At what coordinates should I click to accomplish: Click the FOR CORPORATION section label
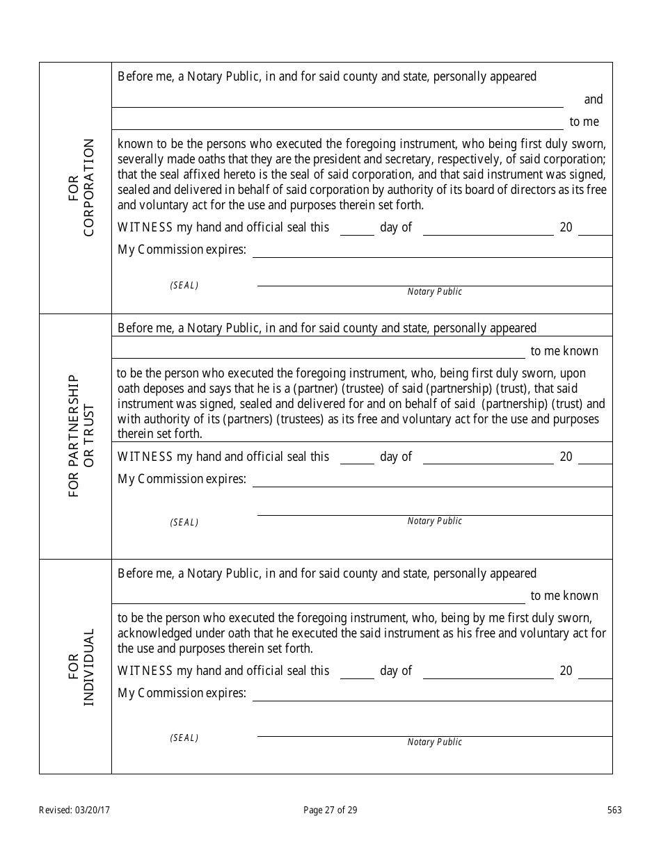point(81,188)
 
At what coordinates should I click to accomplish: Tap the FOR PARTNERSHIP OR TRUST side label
point(81,436)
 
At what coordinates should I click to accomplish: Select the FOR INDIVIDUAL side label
point(81,667)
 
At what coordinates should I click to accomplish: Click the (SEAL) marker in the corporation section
point(184,286)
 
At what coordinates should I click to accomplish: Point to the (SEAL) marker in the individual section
point(184,738)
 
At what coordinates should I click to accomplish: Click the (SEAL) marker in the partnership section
point(184,523)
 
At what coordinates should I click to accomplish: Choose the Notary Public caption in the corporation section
point(434,292)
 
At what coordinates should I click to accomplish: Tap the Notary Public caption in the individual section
point(434,742)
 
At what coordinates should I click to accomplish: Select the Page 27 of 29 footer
point(330,810)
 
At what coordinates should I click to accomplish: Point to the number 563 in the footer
point(614,810)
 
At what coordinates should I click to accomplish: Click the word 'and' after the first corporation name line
point(593,99)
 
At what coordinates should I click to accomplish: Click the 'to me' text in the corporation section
point(584,122)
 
